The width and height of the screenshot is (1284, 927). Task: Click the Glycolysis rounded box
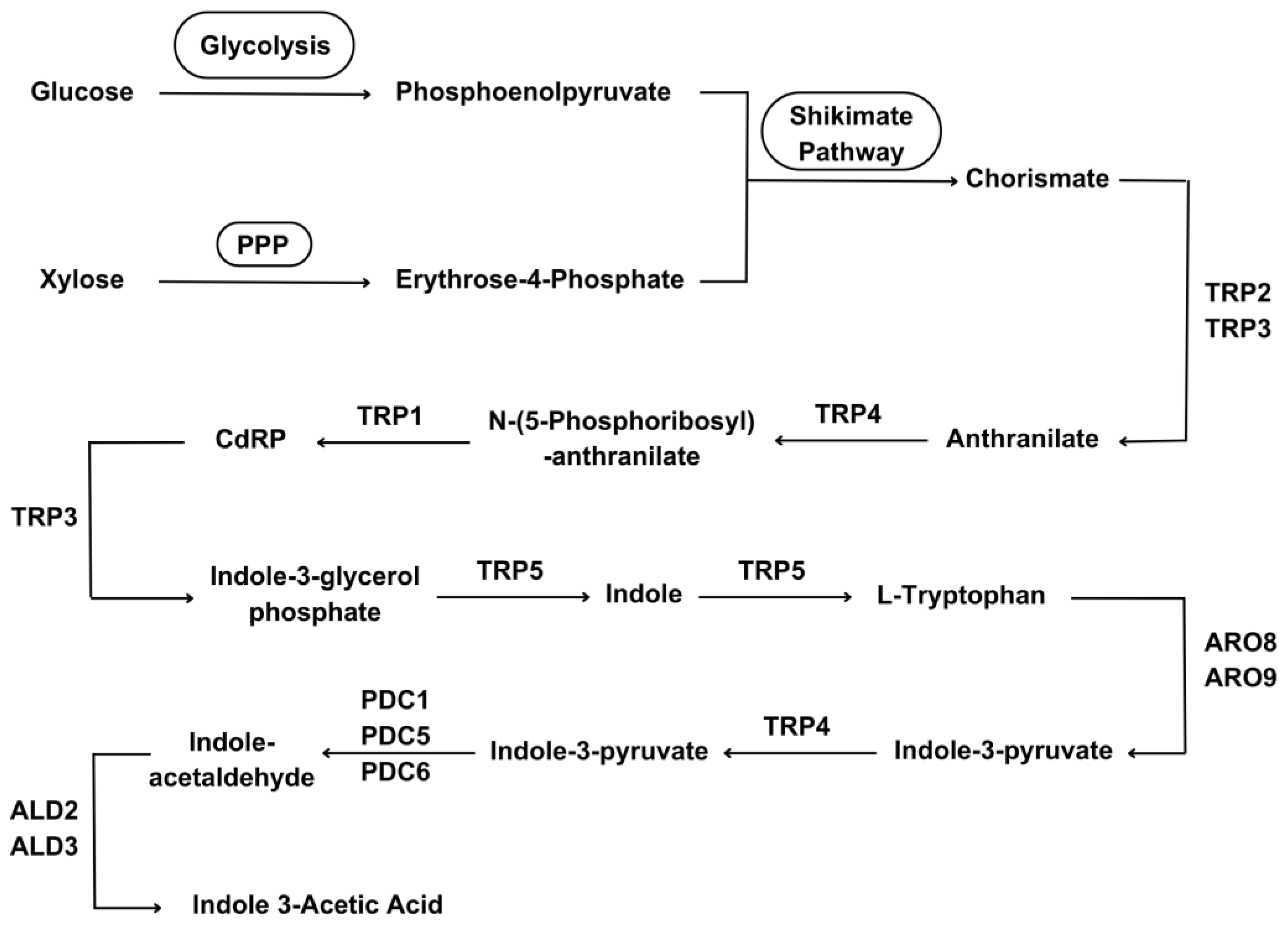coord(264,45)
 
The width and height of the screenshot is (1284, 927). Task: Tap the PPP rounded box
coord(264,244)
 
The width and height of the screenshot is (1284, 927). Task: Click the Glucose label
coord(82,92)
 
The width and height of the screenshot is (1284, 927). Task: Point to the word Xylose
coord(82,280)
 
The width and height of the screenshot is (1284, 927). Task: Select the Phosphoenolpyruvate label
coord(533,92)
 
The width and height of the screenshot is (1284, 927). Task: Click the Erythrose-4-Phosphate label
coord(539,280)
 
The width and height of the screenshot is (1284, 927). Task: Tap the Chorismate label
coord(1037,179)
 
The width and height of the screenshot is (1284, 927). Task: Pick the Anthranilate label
coord(1022,439)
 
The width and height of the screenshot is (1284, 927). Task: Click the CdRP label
coord(250,439)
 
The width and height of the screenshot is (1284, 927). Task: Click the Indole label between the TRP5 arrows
coord(643,594)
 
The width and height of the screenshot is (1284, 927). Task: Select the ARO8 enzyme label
coord(1240,642)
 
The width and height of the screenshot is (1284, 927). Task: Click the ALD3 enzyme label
coord(44,847)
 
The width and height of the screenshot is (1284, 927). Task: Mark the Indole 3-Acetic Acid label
coord(317,904)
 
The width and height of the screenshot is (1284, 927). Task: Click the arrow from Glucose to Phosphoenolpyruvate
coord(264,94)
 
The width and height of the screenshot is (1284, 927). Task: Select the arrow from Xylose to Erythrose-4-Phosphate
coord(264,282)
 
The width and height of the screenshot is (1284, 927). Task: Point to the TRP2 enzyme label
coord(1237,293)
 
